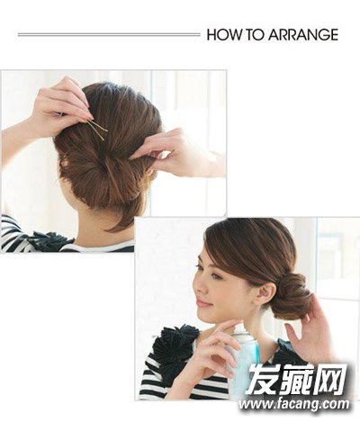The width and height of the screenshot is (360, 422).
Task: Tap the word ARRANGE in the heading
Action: pyautogui.click(x=303, y=34)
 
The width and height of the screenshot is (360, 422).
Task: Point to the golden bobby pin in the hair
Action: pyautogui.click(x=97, y=130)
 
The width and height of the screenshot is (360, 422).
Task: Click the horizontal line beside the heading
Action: pyautogui.click(x=109, y=35)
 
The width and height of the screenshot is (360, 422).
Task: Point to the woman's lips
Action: pyautogui.click(x=204, y=304)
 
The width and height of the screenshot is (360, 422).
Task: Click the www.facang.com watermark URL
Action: pyautogui.click(x=294, y=404)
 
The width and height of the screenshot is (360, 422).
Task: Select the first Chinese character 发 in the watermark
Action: pyautogui.click(x=262, y=379)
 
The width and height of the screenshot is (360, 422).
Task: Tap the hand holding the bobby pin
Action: pyautogui.click(x=60, y=106)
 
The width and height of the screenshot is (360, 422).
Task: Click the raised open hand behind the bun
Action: pyautogui.click(x=312, y=327)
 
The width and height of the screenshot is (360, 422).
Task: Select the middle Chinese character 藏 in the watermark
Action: pyautogui.click(x=296, y=379)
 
